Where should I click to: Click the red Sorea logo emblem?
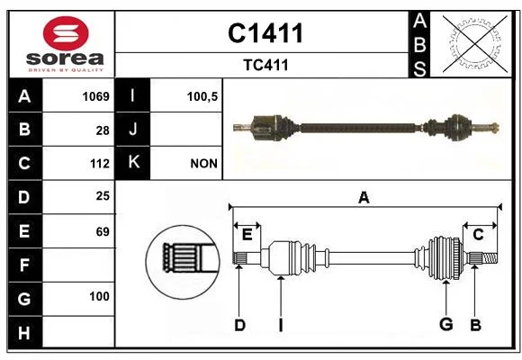(x=66, y=33)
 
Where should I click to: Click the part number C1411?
(x=265, y=33)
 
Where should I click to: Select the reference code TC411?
(x=265, y=65)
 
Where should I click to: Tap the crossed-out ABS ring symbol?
(x=475, y=44)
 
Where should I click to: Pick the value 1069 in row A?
(x=96, y=96)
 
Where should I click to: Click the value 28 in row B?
(x=103, y=130)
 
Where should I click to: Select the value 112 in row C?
(x=100, y=164)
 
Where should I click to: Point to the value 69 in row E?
(x=103, y=232)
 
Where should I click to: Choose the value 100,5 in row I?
(x=202, y=97)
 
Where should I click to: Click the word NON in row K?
(x=203, y=164)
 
